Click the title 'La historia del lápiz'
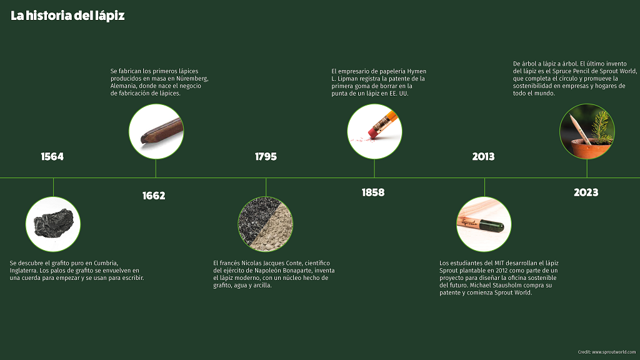[67, 16]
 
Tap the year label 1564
[52, 156]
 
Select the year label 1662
[154, 196]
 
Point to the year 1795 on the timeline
[266, 156]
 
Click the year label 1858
[373, 192]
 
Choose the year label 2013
[483, 156]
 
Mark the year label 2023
[586, 192]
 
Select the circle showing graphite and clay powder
[265, 224]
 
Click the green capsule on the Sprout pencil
[491, 225]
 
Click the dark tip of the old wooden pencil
[144, 139]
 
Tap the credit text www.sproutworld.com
[614, 352]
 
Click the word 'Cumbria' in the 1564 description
[106, 263]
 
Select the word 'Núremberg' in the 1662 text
[192, 78]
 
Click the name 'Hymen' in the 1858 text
[417, 71]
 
